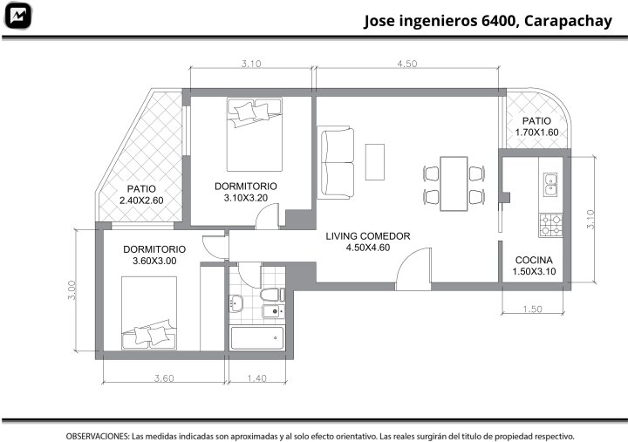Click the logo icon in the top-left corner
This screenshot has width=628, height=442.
click(18, 16)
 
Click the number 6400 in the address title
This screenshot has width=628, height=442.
click(498, 20)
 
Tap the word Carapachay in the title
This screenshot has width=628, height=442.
click(568, 21)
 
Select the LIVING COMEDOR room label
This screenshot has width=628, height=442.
click(368, 236)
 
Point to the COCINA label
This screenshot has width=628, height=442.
click(534, 261)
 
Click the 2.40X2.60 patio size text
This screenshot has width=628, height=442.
click(141, 201)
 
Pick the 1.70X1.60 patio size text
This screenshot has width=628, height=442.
click(536, 133)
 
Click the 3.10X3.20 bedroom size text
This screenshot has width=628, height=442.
click(245, 198)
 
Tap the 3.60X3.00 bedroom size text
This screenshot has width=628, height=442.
click(154, 261)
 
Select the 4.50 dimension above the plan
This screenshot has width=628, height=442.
click(407, 64)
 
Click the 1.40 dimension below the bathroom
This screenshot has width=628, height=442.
click(256, 378)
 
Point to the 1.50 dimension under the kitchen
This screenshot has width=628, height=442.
click(532, 309)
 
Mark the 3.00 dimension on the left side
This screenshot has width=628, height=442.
click(72, 290)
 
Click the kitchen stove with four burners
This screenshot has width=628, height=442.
click(550, 225)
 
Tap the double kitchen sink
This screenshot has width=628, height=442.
click(550, 184)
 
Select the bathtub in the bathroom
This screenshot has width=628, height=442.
click(257, 338)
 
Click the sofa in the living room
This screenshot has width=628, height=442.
click(336, 162)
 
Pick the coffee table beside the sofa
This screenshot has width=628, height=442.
click(375, 162)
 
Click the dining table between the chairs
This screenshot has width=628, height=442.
click(454, 184)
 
